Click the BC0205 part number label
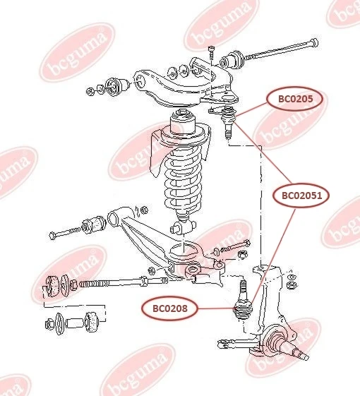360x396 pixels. pyautogui.click(x=295, y=99)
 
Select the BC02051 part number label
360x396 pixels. pyautogui.click(x=301, y=196)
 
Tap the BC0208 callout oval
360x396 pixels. pyautogui.click(x=170, y=308)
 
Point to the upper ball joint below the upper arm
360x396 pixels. pyautogui.click(x=228, y=120)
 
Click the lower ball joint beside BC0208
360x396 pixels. pyautogui.click(x=243, y=303)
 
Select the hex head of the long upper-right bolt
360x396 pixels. pyautogui.click(x=313, y=42)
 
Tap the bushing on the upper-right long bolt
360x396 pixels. pyautogui.click(x=232, y=60)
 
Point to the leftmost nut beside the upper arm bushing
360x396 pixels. pyautogui.click(x=90, y=91)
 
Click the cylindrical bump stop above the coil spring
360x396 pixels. pyautogui.click(x=183, y=121)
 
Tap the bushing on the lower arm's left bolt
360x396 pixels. pyautogui.click(x=95, y=224)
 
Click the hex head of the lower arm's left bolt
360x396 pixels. pyautogui.click(x=52, y=236)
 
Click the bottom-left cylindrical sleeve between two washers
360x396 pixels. pyautogui.click(x=75, y=323)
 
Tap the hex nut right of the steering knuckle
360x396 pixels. pyautogui.click(x=291, y=285)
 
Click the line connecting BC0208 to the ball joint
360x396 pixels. pyautogui.click(x=215, y=308)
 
